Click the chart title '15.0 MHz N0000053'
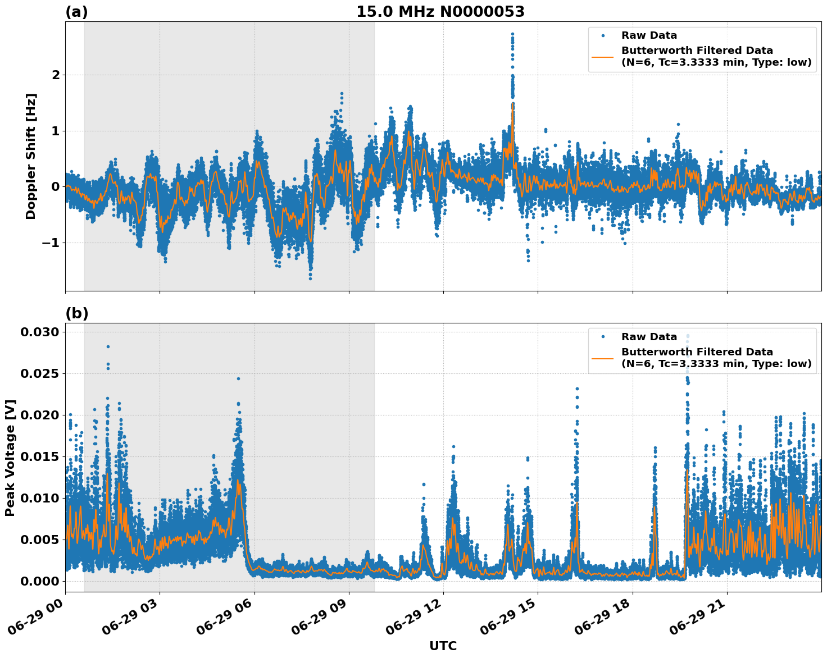440,12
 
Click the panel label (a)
76,12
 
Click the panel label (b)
76,313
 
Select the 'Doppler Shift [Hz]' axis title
31,156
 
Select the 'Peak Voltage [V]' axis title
10,458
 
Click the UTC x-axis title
443,646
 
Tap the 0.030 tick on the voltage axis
39,332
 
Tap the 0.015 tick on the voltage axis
39,456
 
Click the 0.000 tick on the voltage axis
39,581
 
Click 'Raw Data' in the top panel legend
649,35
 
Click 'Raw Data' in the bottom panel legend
649,337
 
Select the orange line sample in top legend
602,56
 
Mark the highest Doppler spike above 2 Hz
512,34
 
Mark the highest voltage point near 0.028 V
108,346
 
